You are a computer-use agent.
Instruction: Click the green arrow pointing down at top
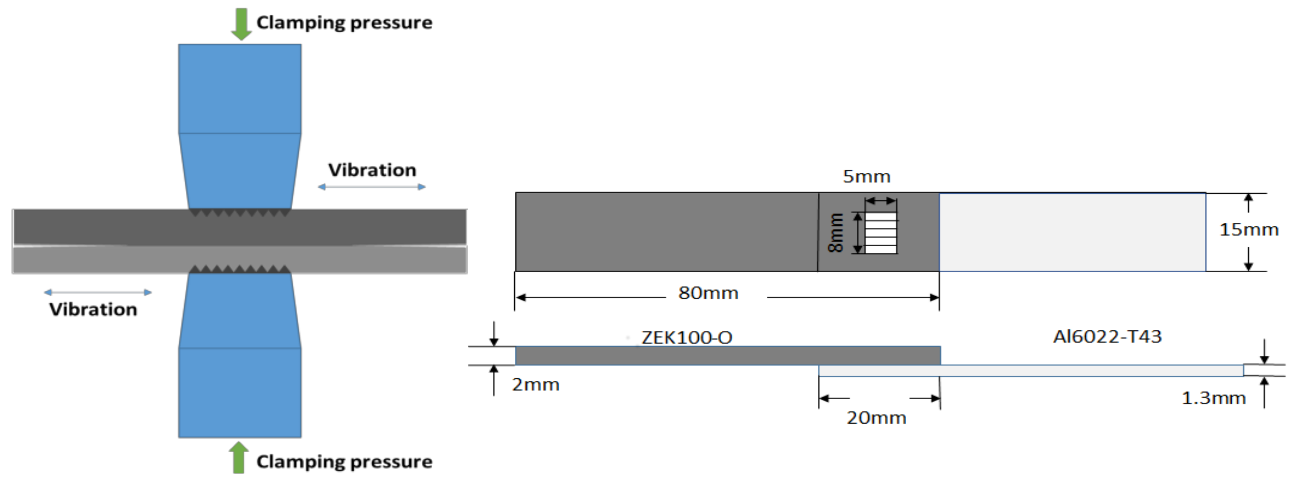tap(241, 24)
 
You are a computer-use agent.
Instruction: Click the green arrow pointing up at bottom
tap(238, 458)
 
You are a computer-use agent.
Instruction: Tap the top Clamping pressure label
tap(344, 23)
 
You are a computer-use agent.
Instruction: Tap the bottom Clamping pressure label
tap(344, 462)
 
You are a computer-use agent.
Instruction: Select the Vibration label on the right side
tap(372, 170)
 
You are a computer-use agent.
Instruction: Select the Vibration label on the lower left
tap(93, 309)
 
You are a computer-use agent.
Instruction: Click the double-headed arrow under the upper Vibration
tap(372, 187)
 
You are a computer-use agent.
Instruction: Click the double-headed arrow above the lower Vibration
tap(98, 292)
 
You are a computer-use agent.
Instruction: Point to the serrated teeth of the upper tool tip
tap(240, 212)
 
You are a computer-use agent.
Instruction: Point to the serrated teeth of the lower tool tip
tap(240, 269)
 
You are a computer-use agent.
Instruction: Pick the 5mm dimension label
tap(866, 177)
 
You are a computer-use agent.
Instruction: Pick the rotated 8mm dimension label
tap(836, 233)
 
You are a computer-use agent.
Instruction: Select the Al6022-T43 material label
tap(1107, 337)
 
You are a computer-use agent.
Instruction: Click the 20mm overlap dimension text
tap(876, 418)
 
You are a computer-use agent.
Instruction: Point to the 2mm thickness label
tap(535, 384)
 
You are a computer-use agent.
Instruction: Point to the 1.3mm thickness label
tap(1213, 398)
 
